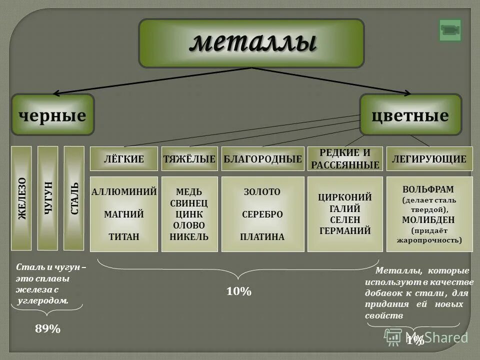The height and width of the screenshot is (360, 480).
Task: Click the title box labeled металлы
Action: tap(251, 43)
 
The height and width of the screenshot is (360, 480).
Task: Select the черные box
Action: tap(52, 115)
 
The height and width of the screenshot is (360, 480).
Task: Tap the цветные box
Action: tap(410, 115)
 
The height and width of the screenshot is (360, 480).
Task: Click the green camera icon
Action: tap(450, 30)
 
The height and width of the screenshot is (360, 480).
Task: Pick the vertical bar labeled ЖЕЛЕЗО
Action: tap(21, 198)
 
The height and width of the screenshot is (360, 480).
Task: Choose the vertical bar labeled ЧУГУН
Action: tap(48, 198)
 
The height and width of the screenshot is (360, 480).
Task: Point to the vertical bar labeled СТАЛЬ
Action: tap(74, 198)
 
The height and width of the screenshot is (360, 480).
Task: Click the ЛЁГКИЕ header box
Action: tap(123, 159)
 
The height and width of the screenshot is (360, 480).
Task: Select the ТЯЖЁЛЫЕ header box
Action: tap(189, 159)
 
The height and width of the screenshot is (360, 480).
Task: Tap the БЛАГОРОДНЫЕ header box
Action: tap(263, 159)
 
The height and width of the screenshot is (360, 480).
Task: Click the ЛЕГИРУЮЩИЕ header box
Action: tap(429, 159)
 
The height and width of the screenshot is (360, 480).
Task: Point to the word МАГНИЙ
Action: tap(123, 214)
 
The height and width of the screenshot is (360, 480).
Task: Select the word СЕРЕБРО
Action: tap(262, 214)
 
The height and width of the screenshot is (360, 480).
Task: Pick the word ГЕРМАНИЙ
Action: tap(345, 230)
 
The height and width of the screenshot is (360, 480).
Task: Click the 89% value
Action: tap(48, 328)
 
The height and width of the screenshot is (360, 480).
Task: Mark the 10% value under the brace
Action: tap(239, 291)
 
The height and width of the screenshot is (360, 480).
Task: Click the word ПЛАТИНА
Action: tap(262, 236)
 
